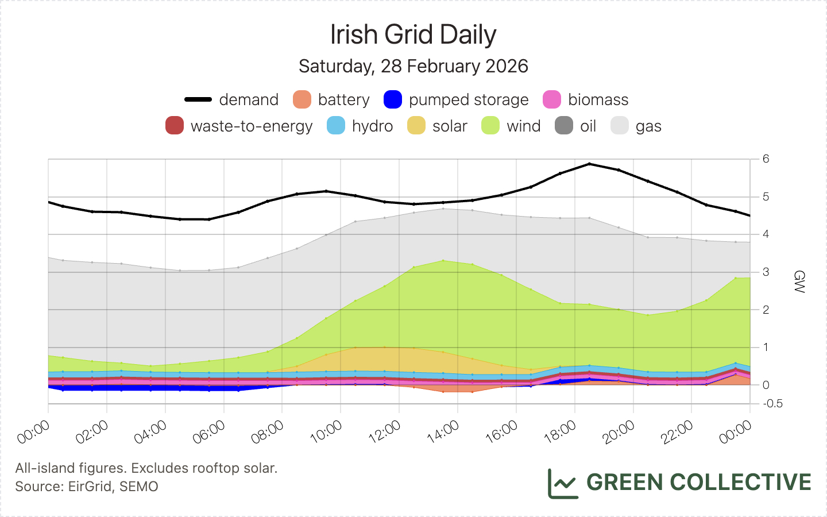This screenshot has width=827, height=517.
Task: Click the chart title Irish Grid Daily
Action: (413, 34)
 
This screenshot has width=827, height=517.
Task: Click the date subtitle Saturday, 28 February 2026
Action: (413, 66)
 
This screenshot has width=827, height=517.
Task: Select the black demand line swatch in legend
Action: (198, 99)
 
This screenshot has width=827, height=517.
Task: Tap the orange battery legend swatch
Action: (302, 99)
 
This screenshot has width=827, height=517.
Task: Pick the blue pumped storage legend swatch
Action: (393, 99)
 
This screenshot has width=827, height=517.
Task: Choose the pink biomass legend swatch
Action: (552, 99)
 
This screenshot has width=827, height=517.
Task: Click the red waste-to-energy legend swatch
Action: (175, 126)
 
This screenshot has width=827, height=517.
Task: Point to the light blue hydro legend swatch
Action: (336, 126)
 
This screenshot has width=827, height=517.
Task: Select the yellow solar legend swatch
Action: (416, 126)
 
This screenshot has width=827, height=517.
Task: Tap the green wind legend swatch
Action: (490, 126)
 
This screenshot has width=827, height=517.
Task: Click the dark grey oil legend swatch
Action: (564, 126)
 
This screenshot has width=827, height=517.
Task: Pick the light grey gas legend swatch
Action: (620, 126)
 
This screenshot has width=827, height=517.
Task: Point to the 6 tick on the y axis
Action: (766, 159)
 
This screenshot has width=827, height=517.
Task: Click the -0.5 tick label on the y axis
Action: (773, 404)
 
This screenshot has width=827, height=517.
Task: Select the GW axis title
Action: (798, 281)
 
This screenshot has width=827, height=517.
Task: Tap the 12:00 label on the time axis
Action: (385, 432)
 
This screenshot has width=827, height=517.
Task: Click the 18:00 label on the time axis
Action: (561, 432)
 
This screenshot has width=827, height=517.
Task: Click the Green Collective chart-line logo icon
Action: (562, 483)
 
